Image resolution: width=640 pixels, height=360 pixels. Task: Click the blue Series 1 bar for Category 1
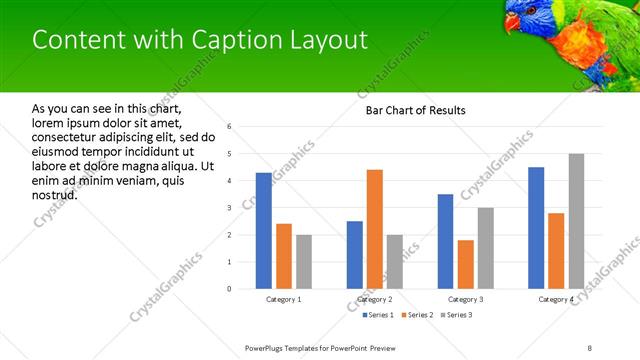(263, 231)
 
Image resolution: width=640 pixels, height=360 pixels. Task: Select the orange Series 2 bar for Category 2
(375, 229)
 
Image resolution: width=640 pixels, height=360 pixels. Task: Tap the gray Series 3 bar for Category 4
(577, 221)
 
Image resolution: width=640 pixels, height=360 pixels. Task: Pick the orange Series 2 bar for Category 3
(466, 264)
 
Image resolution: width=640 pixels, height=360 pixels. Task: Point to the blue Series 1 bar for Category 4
(536, 228)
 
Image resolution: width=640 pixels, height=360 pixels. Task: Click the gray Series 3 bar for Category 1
(304, 262)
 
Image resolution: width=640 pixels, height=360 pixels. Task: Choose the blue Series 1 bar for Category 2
(355, 255)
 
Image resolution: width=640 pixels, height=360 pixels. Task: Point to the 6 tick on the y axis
(230, 127)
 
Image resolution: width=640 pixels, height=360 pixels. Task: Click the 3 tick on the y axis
(230, 208)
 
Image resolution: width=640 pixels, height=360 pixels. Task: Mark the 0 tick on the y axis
(230, 289)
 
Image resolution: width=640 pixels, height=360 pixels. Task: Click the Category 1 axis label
(284, 300)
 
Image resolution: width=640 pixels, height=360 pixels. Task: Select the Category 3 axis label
(466, 300)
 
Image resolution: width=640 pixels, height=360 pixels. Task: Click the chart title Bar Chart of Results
(410, 110)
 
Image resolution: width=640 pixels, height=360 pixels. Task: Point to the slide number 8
(590, 347)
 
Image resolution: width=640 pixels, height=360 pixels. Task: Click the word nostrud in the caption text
(55, 193)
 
